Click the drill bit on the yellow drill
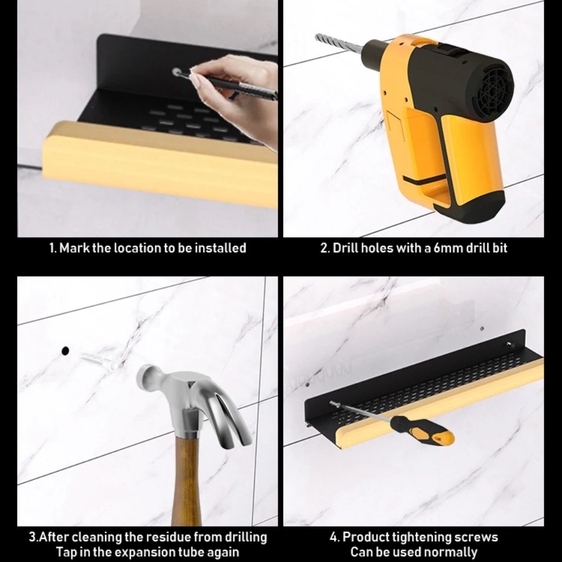coord(339,43)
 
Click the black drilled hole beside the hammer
coord(65,351)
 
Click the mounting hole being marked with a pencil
coord(176,72)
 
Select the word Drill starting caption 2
coord(346,248)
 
